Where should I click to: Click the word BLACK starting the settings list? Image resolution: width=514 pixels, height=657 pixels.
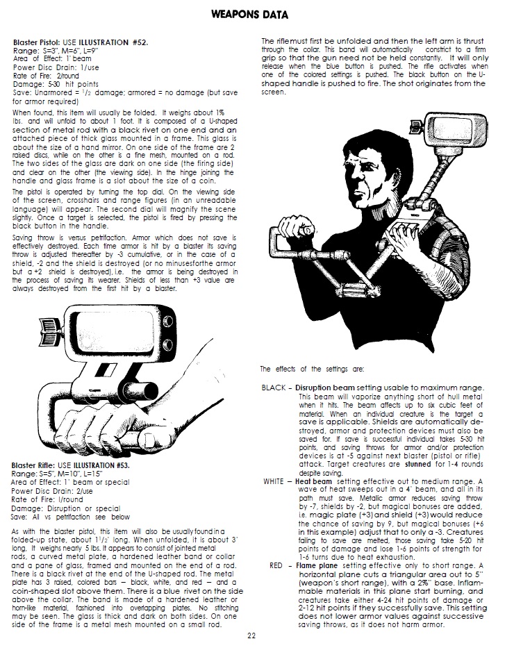[x=275, y=388]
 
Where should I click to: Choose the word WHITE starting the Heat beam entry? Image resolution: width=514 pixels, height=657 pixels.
[x=276, y=481]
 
